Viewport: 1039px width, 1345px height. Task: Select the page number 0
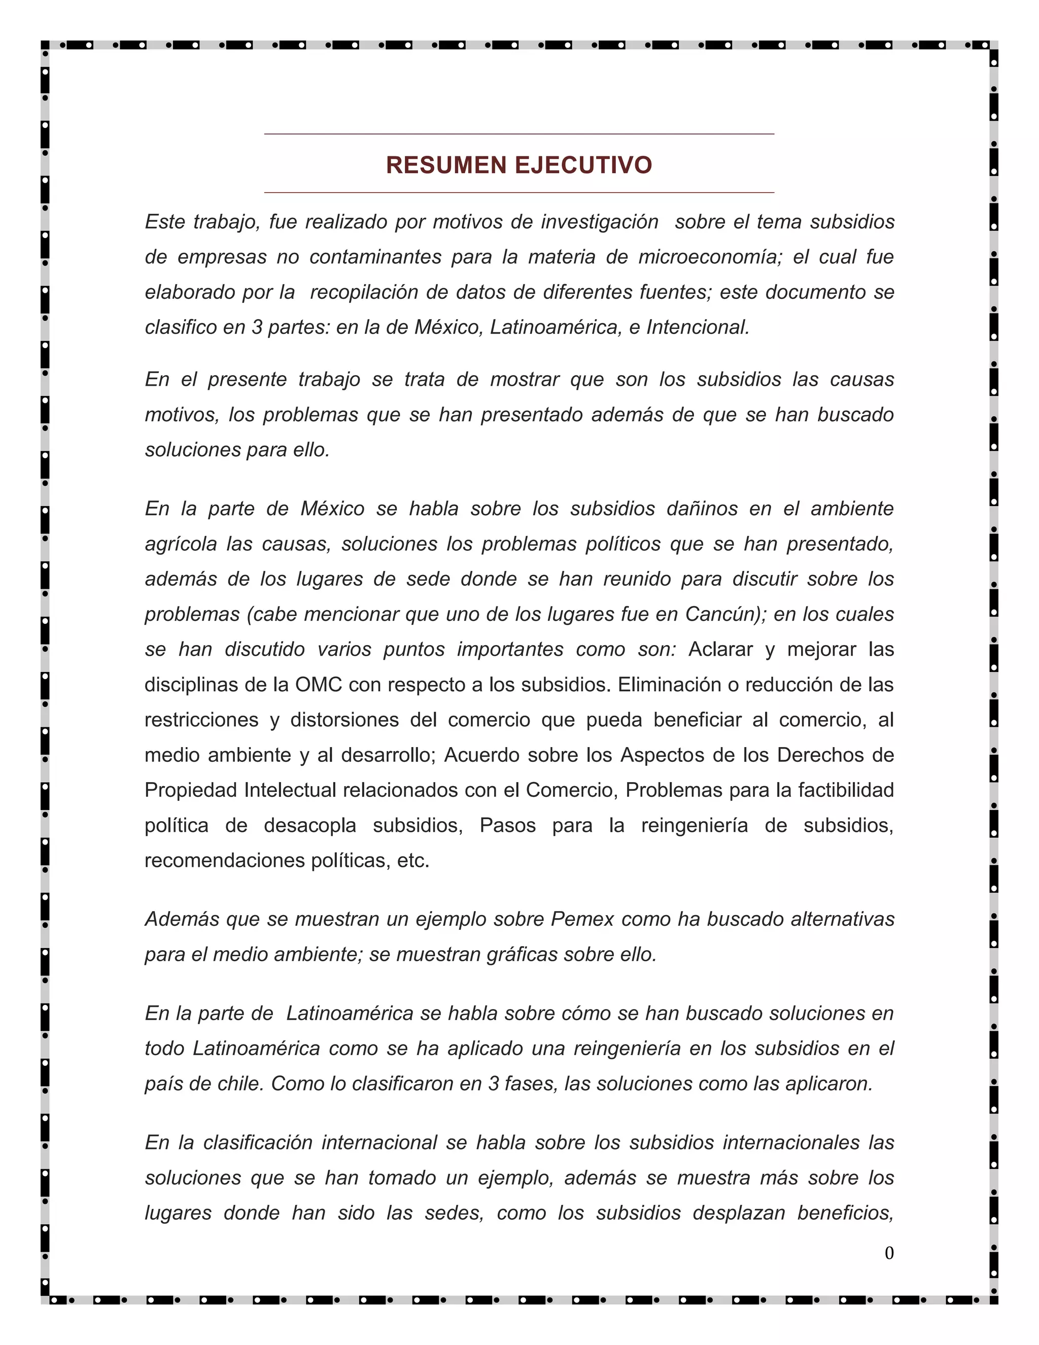(889, 1253)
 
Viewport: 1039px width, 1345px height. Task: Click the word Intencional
(698, 327)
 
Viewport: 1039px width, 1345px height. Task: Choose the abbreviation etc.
(413, 860)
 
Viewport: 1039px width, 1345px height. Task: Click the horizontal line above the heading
(519, 133)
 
